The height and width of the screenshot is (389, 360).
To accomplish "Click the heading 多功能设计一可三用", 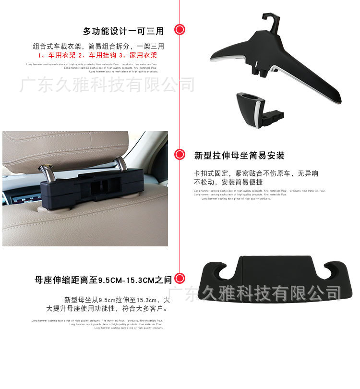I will [x=123, y=31].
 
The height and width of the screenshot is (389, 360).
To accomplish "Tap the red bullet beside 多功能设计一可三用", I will [x=180, y=30].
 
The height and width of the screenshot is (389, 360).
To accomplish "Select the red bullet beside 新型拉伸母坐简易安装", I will [x=180, y=155].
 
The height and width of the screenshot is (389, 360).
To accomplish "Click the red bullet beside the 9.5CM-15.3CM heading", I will [x=180, y=278].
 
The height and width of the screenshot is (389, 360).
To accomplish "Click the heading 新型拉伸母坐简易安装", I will [x=239, y=156].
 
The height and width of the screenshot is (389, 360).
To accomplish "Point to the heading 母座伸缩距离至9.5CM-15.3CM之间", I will [x=103, y=279].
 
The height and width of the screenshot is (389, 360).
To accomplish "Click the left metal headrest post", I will [x=44, y=170].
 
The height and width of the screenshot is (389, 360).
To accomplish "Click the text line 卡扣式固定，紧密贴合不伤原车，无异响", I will [x=256, y=173].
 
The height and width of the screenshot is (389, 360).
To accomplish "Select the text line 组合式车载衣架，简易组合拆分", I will [x=98, y=47].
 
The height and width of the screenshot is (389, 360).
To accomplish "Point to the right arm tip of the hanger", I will [x=338, y=100].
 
